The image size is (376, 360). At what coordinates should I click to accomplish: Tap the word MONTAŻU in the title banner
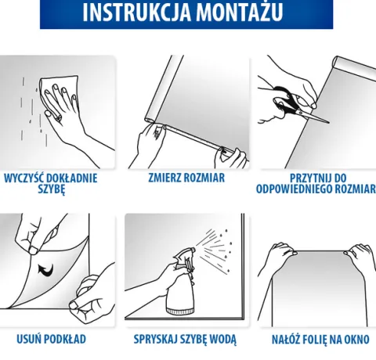click(240, 12)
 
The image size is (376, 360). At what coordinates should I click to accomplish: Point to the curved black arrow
click(46, 270)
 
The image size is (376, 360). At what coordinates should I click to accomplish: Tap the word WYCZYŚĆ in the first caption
click(21, 178)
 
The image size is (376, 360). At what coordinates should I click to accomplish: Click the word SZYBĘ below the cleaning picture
click(51, 189)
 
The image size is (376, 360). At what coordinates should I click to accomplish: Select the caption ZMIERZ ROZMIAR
click(186, 178)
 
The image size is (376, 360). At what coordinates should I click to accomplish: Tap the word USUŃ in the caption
click(28, 339)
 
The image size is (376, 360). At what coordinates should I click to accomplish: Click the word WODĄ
click(223, 340)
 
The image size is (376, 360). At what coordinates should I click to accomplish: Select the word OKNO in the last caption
click(356, 340)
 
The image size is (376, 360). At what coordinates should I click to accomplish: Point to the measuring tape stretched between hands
click(193, 138)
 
